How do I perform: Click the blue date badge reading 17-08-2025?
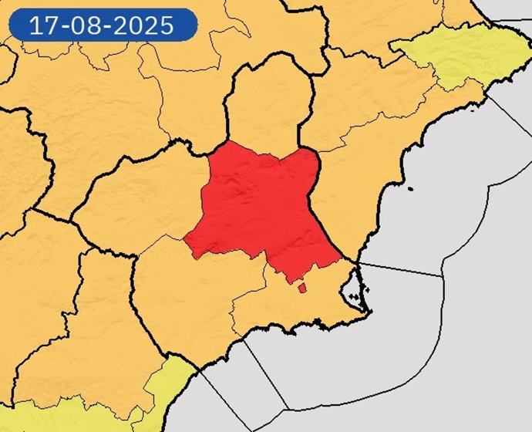[x=103, y=25]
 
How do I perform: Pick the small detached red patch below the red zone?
[x=301, y=288]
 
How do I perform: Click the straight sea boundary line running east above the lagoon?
[x=401, y=269]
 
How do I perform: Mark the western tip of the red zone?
[x=185, y=240]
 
